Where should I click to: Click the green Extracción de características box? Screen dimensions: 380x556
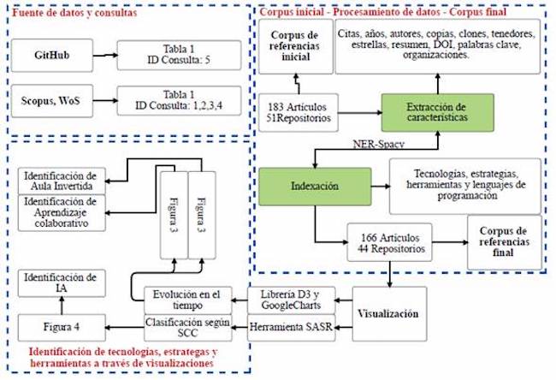[437, 114]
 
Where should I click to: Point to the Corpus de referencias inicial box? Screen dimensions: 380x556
[294, 45]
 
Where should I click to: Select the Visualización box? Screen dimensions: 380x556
[391, 313]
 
